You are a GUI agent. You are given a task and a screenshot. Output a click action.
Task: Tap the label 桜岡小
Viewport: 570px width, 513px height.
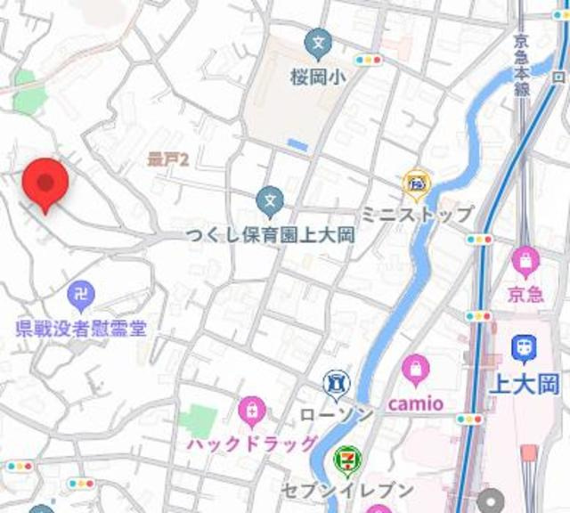tap(317, 77)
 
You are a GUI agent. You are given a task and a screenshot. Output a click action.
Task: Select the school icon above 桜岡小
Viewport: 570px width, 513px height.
tap(317, 41)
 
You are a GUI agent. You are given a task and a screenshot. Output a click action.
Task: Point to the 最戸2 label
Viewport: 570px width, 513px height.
tap(168, 159)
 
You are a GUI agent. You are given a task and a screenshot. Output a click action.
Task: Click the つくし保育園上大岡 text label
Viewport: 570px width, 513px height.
tap(271, 235)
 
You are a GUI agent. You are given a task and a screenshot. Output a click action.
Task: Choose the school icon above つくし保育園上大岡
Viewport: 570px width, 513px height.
tap(270, 202)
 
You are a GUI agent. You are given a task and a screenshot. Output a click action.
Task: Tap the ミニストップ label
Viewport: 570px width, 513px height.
tap(417, 214)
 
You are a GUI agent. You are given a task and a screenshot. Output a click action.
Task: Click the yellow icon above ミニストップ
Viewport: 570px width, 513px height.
tap(416, 183)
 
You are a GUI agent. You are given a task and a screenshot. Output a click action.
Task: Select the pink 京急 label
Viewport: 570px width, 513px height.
tap(525, 294)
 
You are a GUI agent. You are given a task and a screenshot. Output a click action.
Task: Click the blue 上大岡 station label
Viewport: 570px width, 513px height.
tap(525, 384)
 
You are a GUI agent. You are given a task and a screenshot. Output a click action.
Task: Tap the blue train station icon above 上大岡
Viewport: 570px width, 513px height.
tap(525, 349)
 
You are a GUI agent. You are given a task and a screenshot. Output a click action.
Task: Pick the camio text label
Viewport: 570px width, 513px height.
tap(415, 403)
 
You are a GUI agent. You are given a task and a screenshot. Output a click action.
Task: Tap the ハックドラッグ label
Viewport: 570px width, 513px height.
tap(252, 444)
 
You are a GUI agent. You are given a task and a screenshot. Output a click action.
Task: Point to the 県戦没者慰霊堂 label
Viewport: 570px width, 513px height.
tap(81, 328)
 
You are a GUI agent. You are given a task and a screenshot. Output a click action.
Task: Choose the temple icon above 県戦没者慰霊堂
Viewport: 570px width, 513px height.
tap(81, 293)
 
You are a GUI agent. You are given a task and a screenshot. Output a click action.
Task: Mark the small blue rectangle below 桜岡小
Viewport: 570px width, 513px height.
tap(297, 144)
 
